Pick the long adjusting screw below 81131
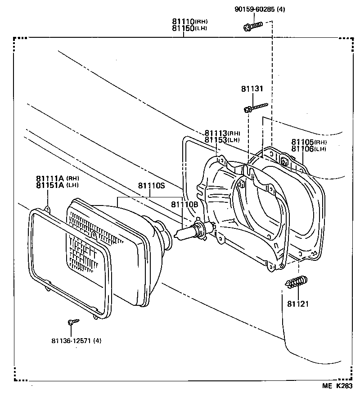(x=256, y=107)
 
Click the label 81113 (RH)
(x=222, y=133)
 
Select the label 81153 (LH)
(x=222, y=140)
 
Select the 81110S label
(x=151, y=186)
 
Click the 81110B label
(x=184, y=205)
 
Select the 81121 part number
(x=298, y=304)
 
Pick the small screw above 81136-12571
(x=72, y=322)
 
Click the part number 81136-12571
(x=76, y=340)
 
